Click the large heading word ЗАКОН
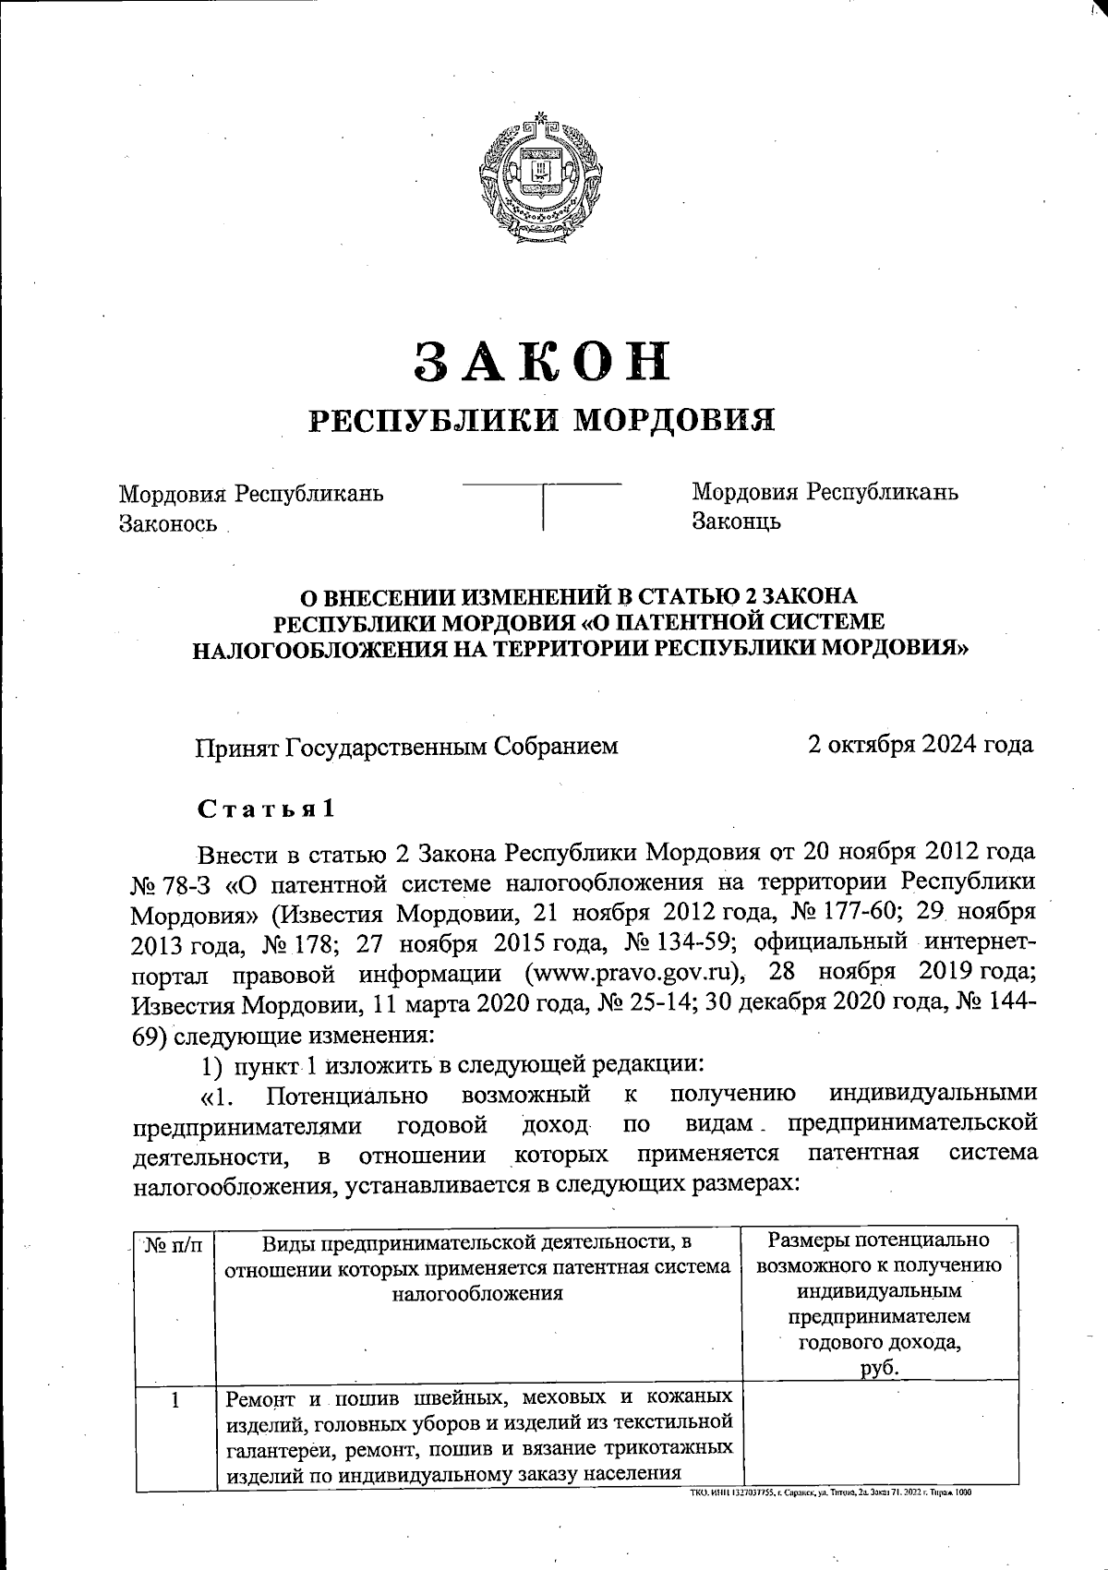(x=542, y=361)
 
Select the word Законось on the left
(x=168, y=523)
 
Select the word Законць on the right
(x=736, y=521)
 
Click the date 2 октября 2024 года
(x=920, y=745)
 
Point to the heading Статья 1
(x=265, y=809)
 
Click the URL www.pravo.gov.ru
(x=633, y=973)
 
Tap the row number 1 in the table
(x=174, y=1400)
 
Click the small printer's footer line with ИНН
(x=831, y=1492)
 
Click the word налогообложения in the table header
(x=477, y=1293)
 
